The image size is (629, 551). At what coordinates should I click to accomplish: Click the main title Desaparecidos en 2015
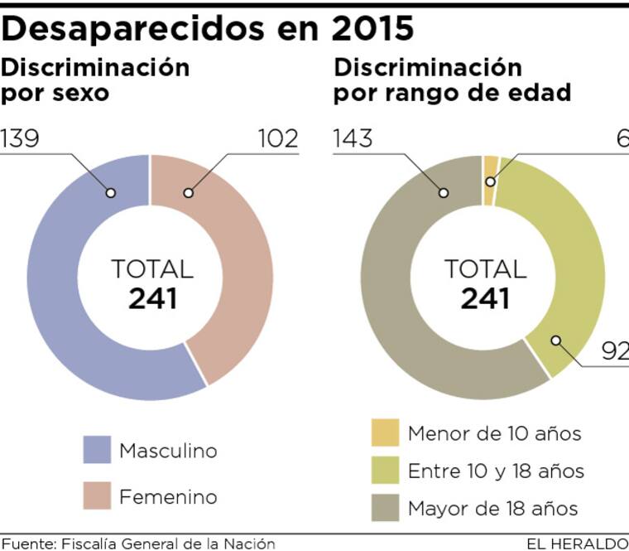[x=208, y=28]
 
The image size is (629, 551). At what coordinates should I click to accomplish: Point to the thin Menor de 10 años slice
[x=491, y=169]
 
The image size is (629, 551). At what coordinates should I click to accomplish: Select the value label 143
[x=353, y=138]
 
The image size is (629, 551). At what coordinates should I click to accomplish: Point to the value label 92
[x=614, y=353]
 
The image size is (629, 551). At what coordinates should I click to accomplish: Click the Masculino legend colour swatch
[x=97, y=451]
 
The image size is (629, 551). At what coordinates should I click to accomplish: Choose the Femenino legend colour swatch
[x=97, y=495]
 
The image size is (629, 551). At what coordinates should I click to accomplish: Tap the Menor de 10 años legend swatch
[x=385, y=433]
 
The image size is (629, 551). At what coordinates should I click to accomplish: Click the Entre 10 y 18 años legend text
[x=496, y=471]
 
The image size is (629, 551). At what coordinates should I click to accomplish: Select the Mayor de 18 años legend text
[x=492, y=508]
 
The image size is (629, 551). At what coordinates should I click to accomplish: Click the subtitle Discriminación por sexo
[x=95, y=79]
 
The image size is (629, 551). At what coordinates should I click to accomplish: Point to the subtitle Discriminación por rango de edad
[x=452, y=79]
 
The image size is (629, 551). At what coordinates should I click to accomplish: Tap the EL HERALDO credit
[x=577, y=544]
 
